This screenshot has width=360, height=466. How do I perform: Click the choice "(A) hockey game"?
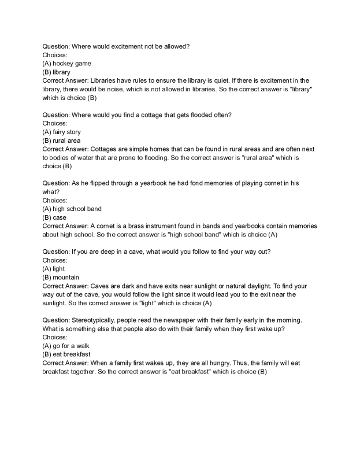point(66,63)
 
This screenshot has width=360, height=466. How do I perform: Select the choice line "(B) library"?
point(57,72)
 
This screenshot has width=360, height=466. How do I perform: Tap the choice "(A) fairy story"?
point(62,132)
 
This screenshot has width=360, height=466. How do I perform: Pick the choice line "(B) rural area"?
point(61,140)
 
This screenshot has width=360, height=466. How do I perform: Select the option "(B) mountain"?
point(61,278)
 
